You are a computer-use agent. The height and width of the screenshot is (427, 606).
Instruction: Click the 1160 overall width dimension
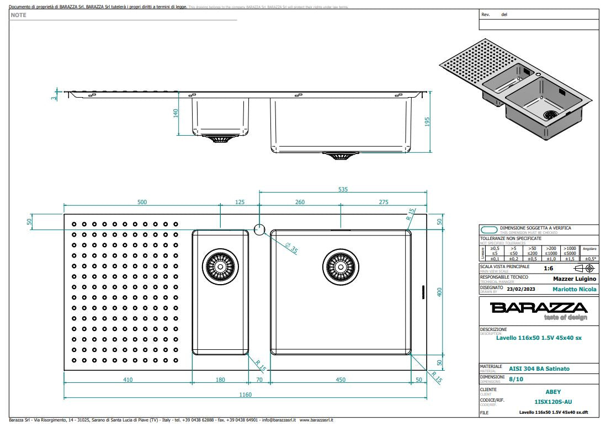click(245, 394)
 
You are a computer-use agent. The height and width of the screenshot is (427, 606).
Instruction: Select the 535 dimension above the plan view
click(343, 189)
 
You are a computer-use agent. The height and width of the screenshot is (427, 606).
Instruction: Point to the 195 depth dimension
click(427, 121)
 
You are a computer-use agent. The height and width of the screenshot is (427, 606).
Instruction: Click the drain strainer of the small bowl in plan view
click(220, 266)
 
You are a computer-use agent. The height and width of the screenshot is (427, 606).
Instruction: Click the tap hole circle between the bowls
click(259, 229)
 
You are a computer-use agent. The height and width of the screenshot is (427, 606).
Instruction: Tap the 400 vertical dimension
click(440, 292)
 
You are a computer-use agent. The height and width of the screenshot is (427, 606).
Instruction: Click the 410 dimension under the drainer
click(127, 380)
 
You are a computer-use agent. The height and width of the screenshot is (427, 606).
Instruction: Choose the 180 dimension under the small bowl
click(220, 380)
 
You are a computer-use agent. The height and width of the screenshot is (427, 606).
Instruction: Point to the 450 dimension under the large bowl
click(341, 380)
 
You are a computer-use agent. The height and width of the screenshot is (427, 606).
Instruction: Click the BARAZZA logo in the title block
click(539, 308)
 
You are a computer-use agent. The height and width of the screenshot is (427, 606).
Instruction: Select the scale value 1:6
click(549, 268)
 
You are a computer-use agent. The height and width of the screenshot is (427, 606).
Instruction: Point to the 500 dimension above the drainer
click(142, 202)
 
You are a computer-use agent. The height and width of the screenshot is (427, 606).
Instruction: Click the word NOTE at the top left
click(18, 15)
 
